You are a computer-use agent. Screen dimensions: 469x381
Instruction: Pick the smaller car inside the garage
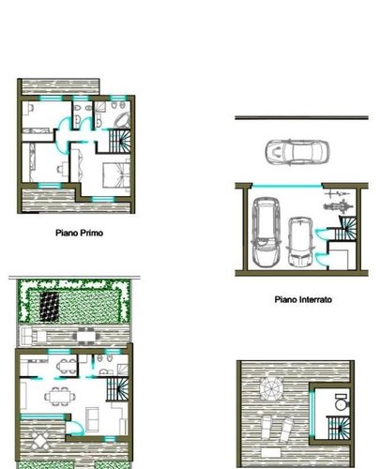(x=301, y=240)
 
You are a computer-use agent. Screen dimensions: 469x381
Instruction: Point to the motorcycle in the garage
(x=336, y=202)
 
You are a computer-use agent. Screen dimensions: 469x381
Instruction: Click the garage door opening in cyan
(x=282, y=185)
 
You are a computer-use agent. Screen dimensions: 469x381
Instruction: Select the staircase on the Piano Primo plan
(x=120, y=143)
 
